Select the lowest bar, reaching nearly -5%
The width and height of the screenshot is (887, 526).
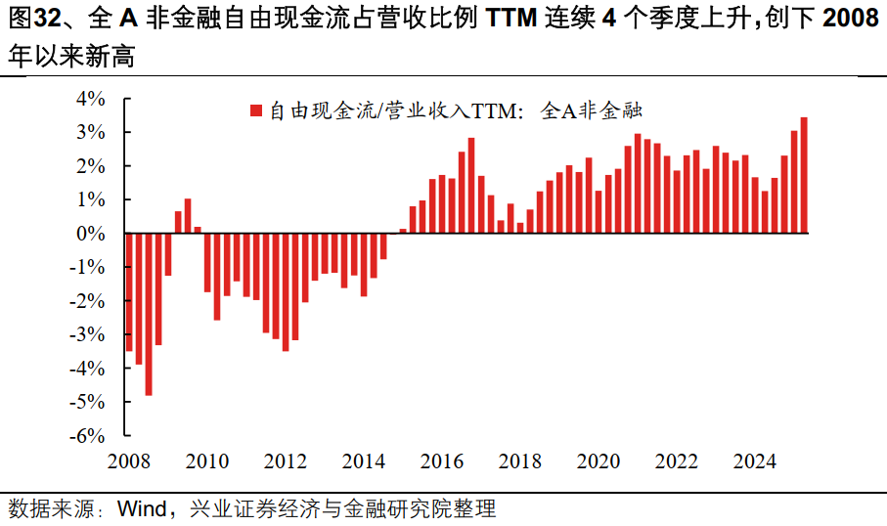(x=149, y=314)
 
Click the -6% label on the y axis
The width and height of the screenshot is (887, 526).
(x=88, y=436)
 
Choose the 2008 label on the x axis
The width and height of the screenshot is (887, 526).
(x=128, y=460)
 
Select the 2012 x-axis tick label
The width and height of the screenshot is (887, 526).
(x=285, y=460)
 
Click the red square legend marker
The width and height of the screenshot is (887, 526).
(x=255, y=111)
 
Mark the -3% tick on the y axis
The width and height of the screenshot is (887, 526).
(x=88, y=334)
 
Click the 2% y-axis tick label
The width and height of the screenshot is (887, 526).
(x=90, y=166)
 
